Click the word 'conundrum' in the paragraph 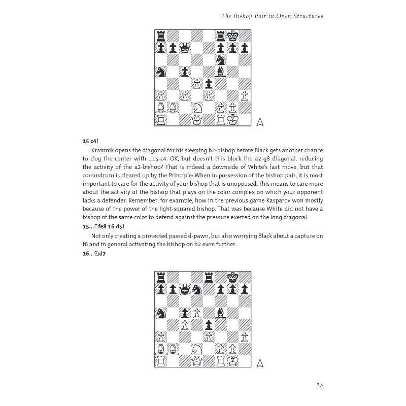pos(101,176)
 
